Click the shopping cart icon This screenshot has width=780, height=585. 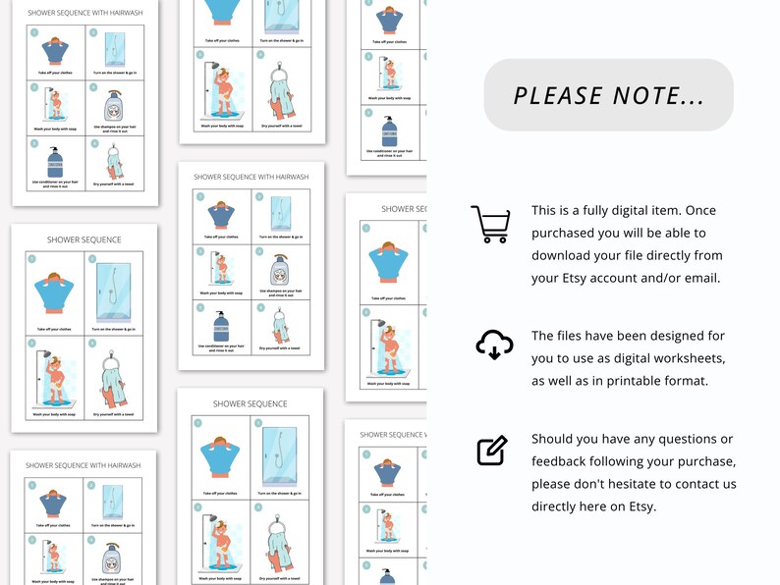(490, 224)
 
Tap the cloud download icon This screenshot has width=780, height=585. (493, 345)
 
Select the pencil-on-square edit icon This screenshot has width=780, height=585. (492, 451)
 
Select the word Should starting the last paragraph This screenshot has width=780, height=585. (554, 439)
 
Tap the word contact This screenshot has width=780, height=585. (709, 485)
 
